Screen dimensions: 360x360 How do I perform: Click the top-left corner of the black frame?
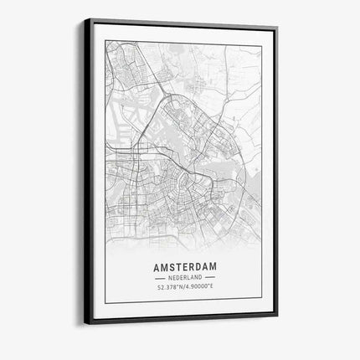tap(85, 18)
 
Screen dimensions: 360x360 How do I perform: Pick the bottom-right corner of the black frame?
tap(277, 316)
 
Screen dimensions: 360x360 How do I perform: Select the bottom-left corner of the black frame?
tap(85, 323)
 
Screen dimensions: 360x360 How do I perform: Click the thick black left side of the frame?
tap(88, 167)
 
